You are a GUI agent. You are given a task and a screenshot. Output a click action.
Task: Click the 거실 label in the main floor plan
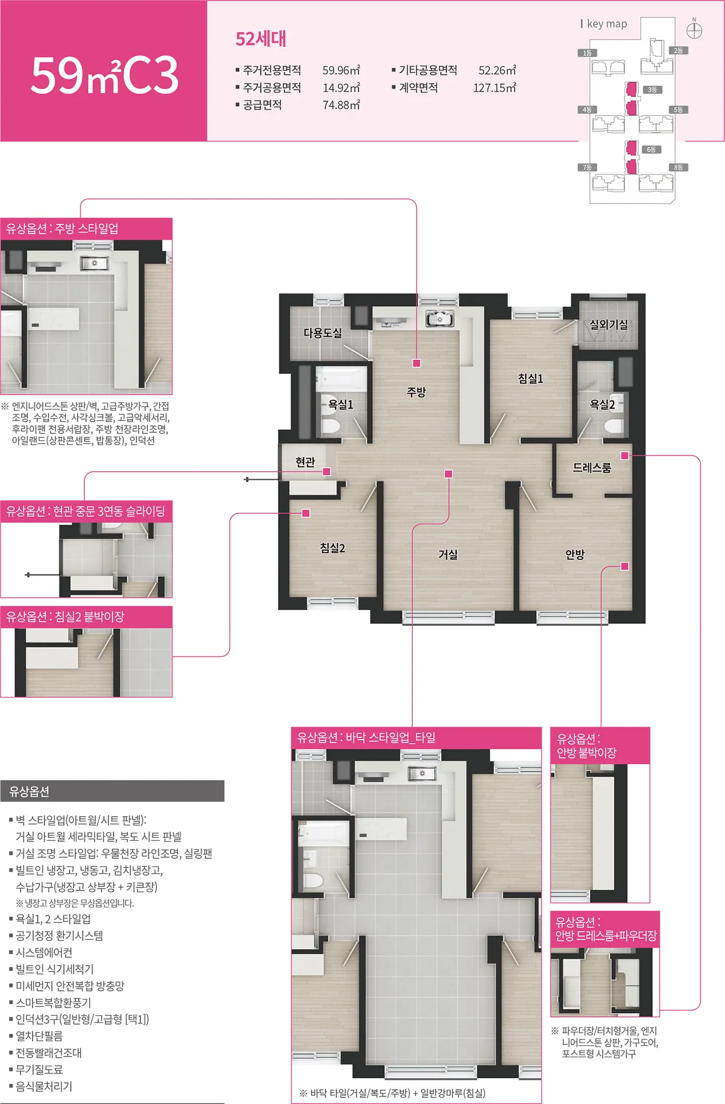point(448,554)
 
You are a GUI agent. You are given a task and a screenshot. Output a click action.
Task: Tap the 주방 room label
point(416,392)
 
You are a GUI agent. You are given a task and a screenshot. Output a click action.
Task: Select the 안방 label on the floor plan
point(575,554)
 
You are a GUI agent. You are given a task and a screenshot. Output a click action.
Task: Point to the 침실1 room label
point(530,378)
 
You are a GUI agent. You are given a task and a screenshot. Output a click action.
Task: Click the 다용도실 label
point(323,332)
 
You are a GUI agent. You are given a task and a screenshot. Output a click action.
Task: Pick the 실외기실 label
point(609,324)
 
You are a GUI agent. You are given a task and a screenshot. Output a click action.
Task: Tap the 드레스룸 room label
point(592,467)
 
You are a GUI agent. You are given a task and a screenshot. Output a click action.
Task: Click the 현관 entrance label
point(305,461)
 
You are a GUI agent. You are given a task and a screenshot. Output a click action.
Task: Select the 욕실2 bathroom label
point(602,404)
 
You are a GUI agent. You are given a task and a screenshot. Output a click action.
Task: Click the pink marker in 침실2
point(306,513)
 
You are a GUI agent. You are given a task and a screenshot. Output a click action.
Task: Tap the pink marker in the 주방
point(417,363)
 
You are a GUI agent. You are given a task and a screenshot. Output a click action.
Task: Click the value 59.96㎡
point(341,70)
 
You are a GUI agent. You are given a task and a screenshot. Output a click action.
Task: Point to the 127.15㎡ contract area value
point(495,87)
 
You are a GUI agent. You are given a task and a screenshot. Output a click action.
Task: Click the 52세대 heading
point(261,39)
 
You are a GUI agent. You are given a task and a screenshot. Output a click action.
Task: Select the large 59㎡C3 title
point(104,75)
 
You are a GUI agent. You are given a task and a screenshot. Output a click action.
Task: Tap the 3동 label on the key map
point(652,90)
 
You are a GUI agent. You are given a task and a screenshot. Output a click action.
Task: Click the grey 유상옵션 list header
point(112,791)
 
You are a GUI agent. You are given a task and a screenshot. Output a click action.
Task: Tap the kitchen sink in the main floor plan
point(440,318)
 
